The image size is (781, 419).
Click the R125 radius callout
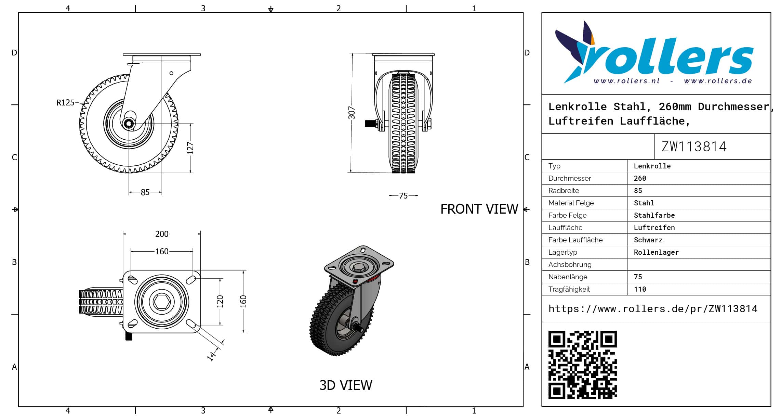coord(65,103)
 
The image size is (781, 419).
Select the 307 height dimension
coord(352,113)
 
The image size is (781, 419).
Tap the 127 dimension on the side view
coord(190,148)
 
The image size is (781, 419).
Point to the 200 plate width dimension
coord(162,234)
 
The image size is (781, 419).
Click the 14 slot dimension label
coord(212,356)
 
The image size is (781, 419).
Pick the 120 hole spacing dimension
coord(220,301)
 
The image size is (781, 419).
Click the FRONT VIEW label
coord(479,209)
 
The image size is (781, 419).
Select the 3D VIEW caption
coord(346,385)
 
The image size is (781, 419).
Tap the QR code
coord(582,365)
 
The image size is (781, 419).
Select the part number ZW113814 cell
coord(694,147)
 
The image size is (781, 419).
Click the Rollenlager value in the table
coord(656,252)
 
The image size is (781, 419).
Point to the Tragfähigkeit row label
coord(569,289)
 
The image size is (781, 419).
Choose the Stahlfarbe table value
coord(654,215)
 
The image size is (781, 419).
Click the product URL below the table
coord(653,309)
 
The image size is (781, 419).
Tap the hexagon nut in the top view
coord(162,302)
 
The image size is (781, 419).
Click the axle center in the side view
coord(129,124)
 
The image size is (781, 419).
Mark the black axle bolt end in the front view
coord(369,123)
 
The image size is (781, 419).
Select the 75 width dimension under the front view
coord(403,196)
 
